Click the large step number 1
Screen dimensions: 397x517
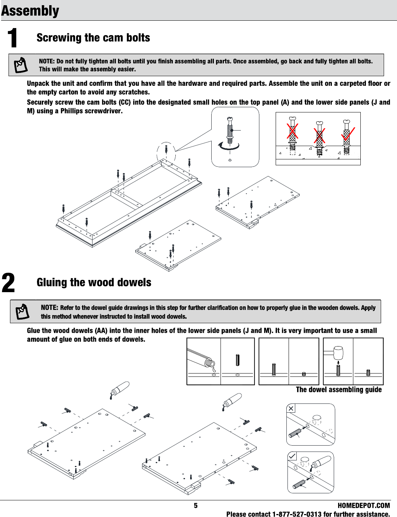[x=13, y=38]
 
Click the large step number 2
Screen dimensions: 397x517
[x=9, y=283]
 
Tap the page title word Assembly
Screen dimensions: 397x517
[x=30, y=10]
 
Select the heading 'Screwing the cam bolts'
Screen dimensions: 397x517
[x=93, y=38]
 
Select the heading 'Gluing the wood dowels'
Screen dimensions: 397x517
[x=94, y=283]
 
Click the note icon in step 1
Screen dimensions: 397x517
[x=21, y=65]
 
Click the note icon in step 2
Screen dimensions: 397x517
[x=22, y=311]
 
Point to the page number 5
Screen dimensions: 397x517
[x=196, y=506]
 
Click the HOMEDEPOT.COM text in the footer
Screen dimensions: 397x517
[x=364, y=506]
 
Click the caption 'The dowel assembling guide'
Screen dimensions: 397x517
[x=339, y=389]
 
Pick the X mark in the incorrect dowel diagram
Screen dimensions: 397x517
[x=291, y=408]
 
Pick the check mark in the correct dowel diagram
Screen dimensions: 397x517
[x=292, y=456]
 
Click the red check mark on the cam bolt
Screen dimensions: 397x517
[x=348, y=136]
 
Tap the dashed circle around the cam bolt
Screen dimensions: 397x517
[x=166, y=152]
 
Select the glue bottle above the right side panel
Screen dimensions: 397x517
[x=232, y=401]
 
